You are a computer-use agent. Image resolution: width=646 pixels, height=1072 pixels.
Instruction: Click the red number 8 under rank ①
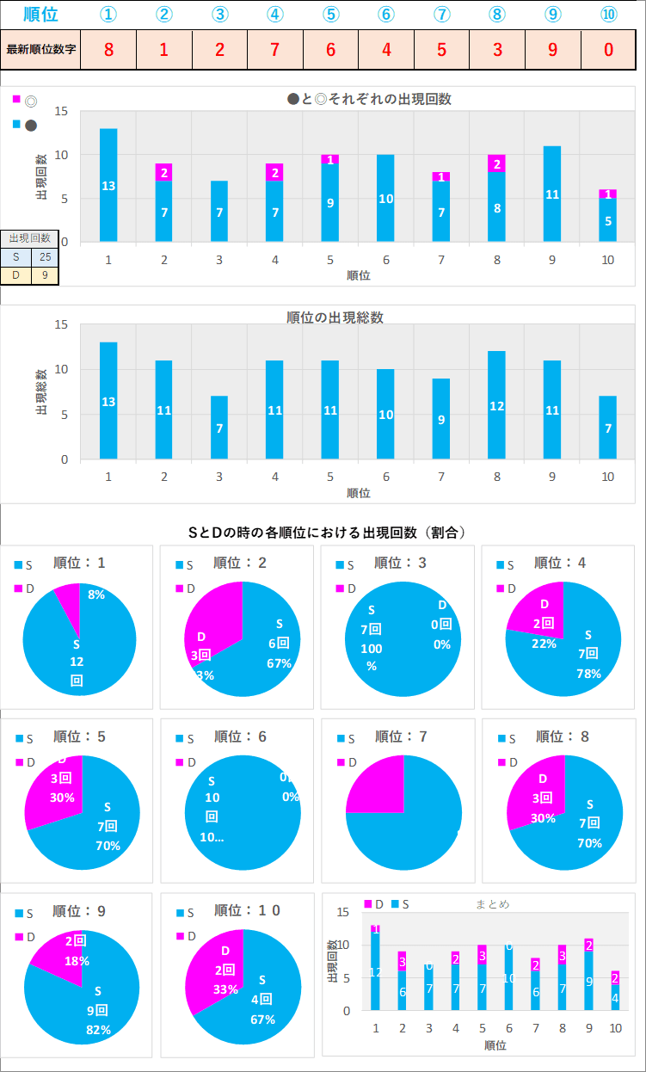click(x=108, y=49)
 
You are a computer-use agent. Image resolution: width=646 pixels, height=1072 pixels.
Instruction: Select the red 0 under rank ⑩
click(x=608, y=49)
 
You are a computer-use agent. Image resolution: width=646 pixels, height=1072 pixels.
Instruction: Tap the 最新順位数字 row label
click(x=41, y=49)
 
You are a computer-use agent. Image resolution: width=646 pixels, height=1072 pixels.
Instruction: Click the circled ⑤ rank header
click(x=330, y=15)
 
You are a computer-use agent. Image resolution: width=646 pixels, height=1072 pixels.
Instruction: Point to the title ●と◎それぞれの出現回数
click(x=369, y=99)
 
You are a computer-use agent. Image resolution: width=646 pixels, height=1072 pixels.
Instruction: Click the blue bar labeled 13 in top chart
click(x=108, y=185)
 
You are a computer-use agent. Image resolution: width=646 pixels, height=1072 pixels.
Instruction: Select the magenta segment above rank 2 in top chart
click(x=163, y=172)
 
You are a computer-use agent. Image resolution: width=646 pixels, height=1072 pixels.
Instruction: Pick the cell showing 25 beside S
click(x=45, y=256)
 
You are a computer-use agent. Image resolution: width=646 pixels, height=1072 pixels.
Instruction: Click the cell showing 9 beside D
click(x=45, y=275)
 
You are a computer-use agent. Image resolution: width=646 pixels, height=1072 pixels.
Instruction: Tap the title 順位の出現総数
click(x=335, y=317)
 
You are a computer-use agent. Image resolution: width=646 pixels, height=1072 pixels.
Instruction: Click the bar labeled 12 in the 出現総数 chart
click(x=497, y=405)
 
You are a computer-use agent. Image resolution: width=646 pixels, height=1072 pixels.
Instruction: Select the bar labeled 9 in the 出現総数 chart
click(x=441, y=419)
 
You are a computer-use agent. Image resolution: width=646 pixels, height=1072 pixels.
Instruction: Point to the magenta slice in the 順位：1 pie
click(x=69, y=597)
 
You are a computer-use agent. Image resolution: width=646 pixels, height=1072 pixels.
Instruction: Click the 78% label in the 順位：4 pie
click(x=589, y=674)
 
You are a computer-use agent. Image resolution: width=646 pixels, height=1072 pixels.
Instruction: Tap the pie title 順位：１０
click(x=247, y=910)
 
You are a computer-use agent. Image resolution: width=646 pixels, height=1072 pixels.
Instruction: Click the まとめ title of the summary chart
click(x=493, y=904)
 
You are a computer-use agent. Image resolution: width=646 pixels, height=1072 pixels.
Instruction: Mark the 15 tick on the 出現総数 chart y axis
click(x=61, y=325)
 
